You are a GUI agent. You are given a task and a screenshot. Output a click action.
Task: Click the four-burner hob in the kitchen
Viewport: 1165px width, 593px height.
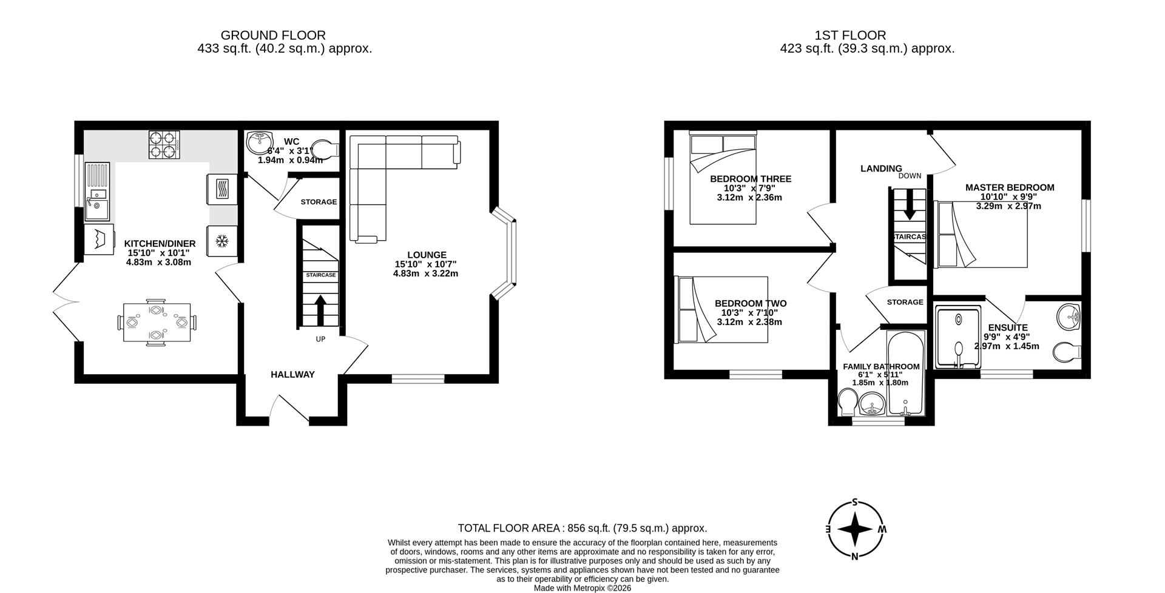[164, 145]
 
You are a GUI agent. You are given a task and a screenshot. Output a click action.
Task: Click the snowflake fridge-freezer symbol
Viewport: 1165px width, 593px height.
[222, 241]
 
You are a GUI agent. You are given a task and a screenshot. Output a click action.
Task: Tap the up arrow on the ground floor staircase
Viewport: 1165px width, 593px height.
[320, 309]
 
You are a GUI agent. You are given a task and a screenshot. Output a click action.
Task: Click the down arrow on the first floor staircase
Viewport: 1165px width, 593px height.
[909, 207]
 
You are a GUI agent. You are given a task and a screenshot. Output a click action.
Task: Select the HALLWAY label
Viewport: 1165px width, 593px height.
[292, 375]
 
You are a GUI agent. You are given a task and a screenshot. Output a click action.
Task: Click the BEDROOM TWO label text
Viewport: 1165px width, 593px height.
[750, 304]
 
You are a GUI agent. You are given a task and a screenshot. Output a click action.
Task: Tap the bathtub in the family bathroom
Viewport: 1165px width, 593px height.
[906, 373]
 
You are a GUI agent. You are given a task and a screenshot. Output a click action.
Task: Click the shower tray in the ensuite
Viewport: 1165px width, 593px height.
[958, 337]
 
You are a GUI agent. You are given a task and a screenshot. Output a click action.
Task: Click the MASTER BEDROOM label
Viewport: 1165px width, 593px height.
[1010, 188]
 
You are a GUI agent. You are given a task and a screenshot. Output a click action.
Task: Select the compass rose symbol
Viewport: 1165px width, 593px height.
[855, 529]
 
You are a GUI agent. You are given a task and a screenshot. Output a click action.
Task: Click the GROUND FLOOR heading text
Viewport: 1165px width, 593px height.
[273, 35]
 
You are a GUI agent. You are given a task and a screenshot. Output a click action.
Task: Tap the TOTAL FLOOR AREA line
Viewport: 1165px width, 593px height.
[582, 528]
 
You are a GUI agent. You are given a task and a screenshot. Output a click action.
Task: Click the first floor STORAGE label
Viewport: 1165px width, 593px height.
[905, 302]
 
